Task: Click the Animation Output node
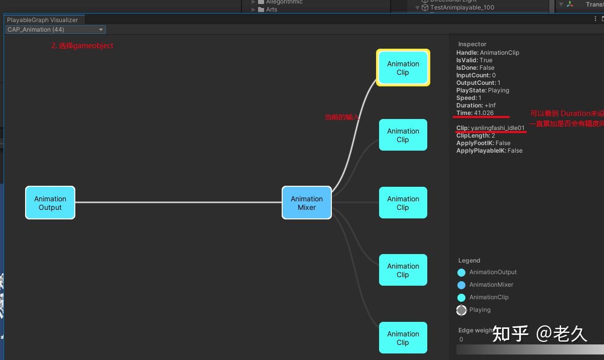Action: tap(50, 203)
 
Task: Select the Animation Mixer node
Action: tap(307, 203)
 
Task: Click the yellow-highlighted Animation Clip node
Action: tap(403, 68)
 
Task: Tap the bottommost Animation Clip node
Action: tap(403, 338)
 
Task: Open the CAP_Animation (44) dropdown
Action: tap(55, 30)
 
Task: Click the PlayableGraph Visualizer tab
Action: tap(43, 20)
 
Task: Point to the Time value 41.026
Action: tap(484, 113)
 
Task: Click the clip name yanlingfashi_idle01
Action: tap(498, 128)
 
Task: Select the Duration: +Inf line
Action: tap(476, 105)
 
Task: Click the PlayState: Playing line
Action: tap(482, 90)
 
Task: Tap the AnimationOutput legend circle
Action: tap(461, 273)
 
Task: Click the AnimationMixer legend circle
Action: tap(461, 285)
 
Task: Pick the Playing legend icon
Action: tap(461, 310)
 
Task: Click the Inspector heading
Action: tap(472, 44)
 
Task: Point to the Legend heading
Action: tap(469, 261)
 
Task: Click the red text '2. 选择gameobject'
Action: tap(82, 46)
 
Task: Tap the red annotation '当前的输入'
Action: tap(341, 117)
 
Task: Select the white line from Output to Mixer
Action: tap(178, 202)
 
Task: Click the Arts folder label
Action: tap(272, 10)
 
